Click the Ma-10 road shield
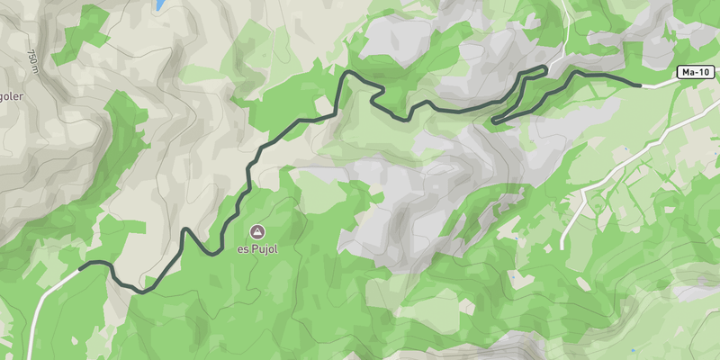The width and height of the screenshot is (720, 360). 693,72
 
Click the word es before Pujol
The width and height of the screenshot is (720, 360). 243,249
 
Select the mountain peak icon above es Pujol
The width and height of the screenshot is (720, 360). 257,231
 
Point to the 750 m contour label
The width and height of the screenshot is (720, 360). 33,58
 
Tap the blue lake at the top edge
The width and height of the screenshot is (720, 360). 160,4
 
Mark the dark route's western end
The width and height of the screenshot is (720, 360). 81,266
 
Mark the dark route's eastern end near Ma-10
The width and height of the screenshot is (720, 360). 639,85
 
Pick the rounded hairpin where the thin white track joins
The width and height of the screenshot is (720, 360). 544,67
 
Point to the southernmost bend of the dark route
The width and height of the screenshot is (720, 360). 142,291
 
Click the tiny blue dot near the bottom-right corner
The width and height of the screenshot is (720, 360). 633,350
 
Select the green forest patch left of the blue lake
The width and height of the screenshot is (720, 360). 90,27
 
